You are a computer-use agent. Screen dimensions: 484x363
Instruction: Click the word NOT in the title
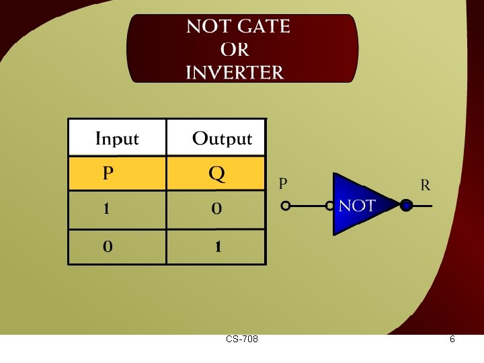[x=209, y=27]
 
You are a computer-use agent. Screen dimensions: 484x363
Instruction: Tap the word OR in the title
[x=235, y=50]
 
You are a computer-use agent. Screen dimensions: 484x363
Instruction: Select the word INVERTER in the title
[x=235, y=73]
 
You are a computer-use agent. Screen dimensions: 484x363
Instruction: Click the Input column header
[x=117, y=139]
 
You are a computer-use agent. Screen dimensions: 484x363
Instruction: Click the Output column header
[x=222, y=139]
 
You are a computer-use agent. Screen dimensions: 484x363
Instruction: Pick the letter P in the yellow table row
[x=108, y=174]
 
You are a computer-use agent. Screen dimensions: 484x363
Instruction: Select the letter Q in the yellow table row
[x=216, y=174]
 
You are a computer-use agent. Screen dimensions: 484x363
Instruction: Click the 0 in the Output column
[x=216, y=210]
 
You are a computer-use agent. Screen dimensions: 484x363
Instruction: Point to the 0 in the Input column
[x=107, y=247]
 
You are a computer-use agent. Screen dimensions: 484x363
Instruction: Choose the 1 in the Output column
[x=217, y=247]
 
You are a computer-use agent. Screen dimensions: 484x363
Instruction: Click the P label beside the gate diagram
[x=283, y=183]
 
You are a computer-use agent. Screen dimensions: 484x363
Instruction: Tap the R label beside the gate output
[x=425, y=185]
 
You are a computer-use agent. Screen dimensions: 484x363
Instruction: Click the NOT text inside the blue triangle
[x=357, y=206]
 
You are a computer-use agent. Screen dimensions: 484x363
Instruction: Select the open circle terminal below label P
[x=286, y=206]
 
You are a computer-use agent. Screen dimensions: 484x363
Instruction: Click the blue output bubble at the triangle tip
[x=405, y=206]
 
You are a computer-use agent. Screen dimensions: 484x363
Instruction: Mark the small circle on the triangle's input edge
[x=330, y=206]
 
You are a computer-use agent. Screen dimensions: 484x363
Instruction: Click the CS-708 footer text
[x=242, y=339]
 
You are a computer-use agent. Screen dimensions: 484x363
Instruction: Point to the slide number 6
[x=452, y=339]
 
